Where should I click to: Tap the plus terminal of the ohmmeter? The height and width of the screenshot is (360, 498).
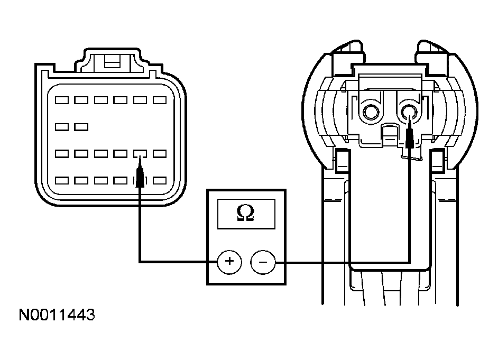(x=229, y=262)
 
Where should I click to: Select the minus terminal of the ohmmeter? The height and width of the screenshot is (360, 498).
(x=263, y=262)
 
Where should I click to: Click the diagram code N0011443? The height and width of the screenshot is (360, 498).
(x=57, y=315)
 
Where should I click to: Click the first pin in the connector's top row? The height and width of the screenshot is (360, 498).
(x=62, y=100)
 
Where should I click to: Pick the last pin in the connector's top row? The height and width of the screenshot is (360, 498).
(x=160, y=100)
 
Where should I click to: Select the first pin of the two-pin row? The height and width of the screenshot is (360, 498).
(x=62, y=127)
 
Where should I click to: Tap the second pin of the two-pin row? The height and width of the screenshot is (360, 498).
(x=81, y=127)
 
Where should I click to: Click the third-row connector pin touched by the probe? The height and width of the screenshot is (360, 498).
(x=140, y=154)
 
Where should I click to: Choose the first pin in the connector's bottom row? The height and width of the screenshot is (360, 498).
(x=62, y=181)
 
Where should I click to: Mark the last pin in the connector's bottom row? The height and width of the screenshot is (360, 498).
(x=160, y=181)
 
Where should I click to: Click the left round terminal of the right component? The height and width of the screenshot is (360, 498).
(x=370, y=112)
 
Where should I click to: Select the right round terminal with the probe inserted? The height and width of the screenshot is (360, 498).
(x=409, y=112)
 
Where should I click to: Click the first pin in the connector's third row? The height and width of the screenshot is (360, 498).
(x=62, y=154)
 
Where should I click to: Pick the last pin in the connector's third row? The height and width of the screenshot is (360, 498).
(x=160, y=154)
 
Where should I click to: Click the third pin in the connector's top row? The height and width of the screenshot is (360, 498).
(x=101, y=100)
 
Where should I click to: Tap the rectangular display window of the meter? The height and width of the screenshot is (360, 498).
(x=246, y=214)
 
